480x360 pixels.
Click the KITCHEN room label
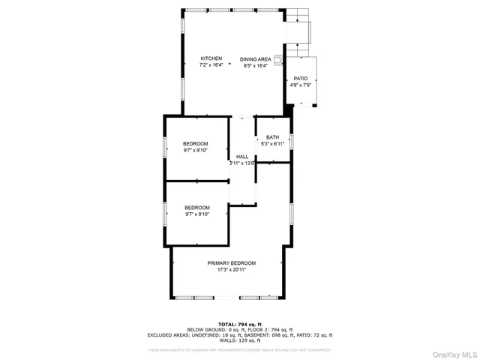[x=211, y=58]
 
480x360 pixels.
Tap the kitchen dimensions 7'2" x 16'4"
[x=211, y=65]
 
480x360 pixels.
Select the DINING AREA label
[x=256, y=58]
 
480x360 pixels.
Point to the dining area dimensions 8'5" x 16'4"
[x=256, y=65]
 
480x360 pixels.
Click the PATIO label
[x=301, y=78]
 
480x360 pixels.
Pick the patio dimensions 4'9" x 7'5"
[x=301, y=85]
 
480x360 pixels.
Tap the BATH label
[x=272, y=137]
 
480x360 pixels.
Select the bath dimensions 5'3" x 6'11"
[x=272, y=143]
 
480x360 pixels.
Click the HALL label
[x=242, y=157]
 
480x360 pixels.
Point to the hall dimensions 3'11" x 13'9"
[x=242, y=163]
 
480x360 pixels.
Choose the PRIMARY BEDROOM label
[x=232, y=263]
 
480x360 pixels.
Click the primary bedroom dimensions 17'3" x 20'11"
[x=232, y=270]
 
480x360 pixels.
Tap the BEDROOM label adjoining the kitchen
[x=196, y=144]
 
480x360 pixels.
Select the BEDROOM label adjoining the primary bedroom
[x=196, y=208]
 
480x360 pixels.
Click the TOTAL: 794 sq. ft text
[x=239, y=324]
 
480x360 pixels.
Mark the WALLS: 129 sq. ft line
[x=239, y=342]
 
